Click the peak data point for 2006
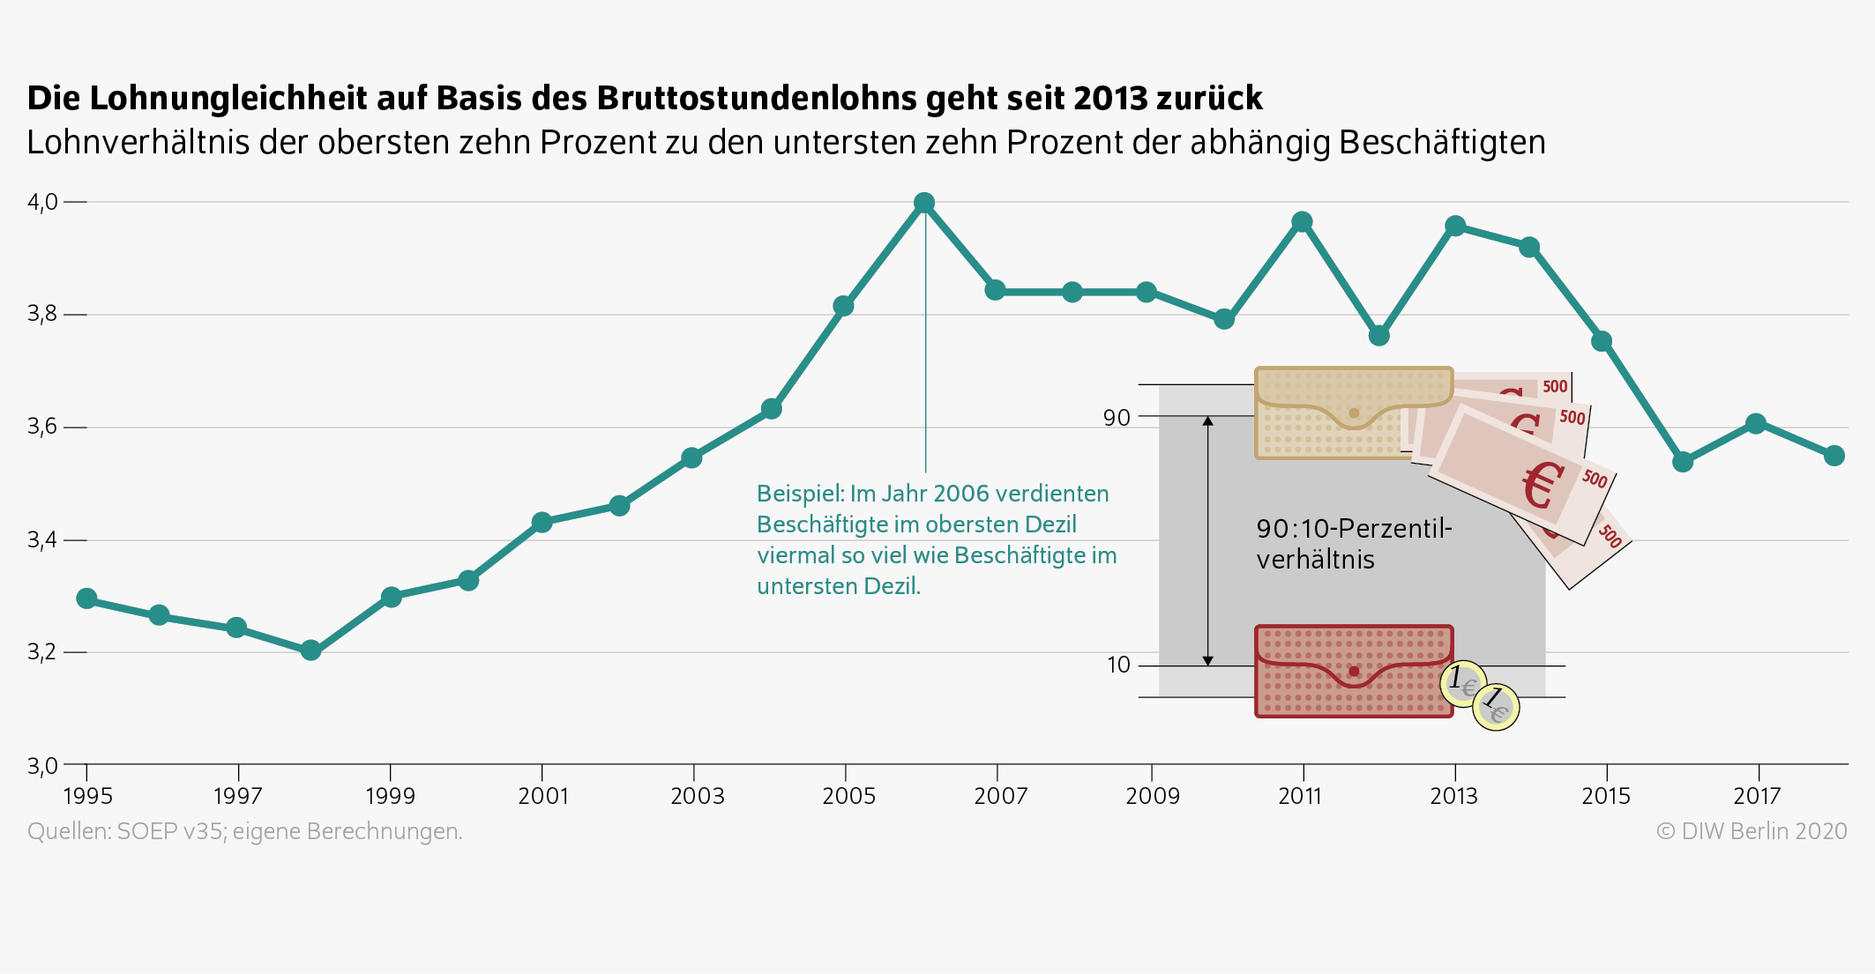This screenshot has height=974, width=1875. pyautogui.click(x=924, y=203)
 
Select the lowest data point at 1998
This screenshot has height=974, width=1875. pyautogui.click(x=310, y=651)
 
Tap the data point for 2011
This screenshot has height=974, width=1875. pyautogui.click(x=1302, y=222)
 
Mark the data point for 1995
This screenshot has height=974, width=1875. pyautogui.click(x=86, y=599)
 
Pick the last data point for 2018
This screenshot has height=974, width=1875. pyautogui.click(x=1834, y=456)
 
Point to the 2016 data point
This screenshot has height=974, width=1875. pyautogui.click(x=1683, y=462)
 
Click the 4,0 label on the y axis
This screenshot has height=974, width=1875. pyautogui.click(x=42, y=202)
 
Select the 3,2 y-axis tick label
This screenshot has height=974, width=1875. pyautogui.click(x=42, y=651)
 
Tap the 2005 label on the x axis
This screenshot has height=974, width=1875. pyautogui.click(x=848, y=796)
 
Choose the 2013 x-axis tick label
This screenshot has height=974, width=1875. pyautogui.click(x=1453, y=796)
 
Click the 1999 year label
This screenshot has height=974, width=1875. pyautogui.click(x=390, y=796)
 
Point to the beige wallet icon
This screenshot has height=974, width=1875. pyautogui.click(x=1353, y=413)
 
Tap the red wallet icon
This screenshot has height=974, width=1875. pyautogui.click(x=1353, y=672)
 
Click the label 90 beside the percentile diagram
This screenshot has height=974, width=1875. pyautogui.click(x=1117, y=418)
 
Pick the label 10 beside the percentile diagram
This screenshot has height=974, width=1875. pyautogui.click(x=1118, y=665)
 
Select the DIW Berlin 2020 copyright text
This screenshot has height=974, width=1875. pyautogui.click(x=1752, y=831)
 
